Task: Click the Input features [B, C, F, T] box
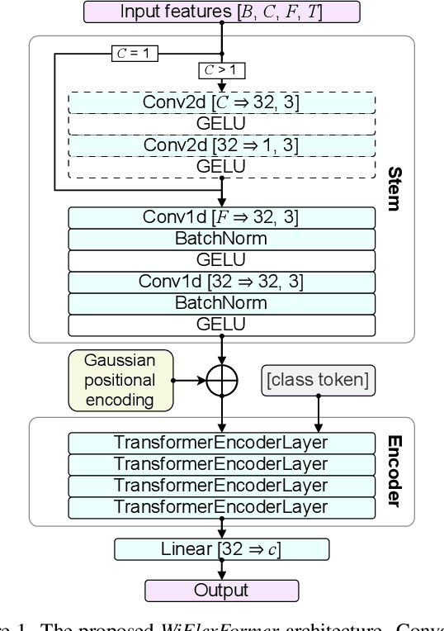click(222, 12)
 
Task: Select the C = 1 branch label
click(133, 55)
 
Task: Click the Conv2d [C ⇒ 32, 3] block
click(222, 102)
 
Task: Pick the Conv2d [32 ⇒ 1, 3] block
click(222, 145)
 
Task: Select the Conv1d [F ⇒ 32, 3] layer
click(222, 218)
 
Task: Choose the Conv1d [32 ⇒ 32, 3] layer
click(222, 282)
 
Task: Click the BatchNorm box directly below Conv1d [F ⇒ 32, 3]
click(222, 239)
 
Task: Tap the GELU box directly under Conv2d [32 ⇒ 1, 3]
click(222, 166)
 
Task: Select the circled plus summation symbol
click(222, 381)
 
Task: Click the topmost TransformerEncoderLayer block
click(222, 442)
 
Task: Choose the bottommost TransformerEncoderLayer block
click(222, 506)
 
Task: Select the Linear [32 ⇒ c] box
click(222, 549)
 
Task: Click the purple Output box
click(222, 591)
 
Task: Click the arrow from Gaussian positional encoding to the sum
click(189, 381)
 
